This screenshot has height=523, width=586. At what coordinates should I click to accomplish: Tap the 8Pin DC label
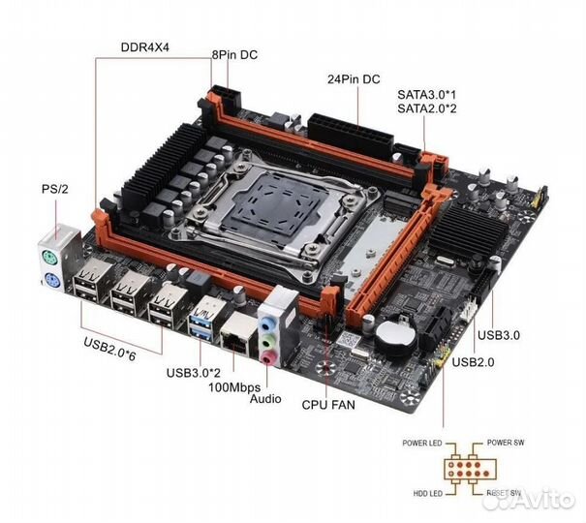coord(235,56)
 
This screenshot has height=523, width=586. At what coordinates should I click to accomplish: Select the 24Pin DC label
coord(355,79)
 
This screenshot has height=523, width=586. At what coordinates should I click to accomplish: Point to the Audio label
coord(265,399)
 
